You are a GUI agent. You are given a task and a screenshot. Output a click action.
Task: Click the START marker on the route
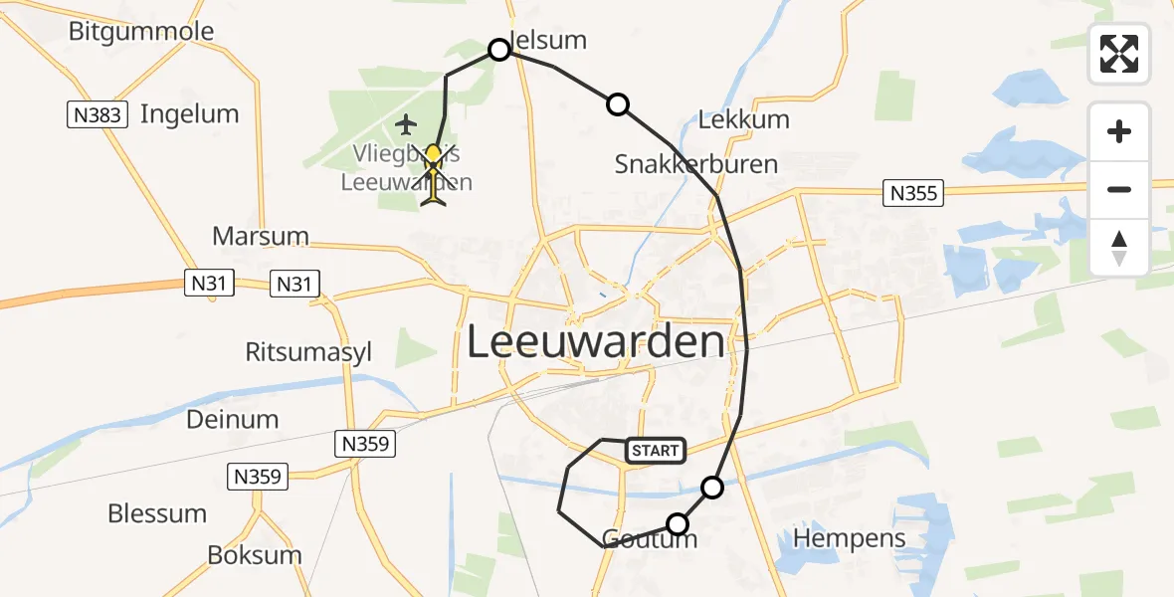655,451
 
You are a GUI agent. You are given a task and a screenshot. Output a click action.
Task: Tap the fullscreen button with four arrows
1119,54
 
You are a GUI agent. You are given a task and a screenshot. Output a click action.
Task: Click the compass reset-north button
1119,248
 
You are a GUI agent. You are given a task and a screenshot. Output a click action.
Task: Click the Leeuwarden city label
595,342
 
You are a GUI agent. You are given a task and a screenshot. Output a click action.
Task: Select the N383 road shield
98,115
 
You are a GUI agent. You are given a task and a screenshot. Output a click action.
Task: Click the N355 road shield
913,193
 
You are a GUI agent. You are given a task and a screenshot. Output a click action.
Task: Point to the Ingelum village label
189,113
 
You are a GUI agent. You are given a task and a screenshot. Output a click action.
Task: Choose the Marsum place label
261,237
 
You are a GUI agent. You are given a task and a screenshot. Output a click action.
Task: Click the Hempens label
850,538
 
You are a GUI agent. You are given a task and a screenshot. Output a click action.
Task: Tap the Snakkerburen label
695,163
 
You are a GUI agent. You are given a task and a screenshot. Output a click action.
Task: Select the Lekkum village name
743,119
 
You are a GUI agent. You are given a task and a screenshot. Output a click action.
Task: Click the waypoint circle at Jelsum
499,50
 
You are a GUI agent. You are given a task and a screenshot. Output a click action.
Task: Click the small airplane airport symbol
405,124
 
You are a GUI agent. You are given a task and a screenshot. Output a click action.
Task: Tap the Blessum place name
157,513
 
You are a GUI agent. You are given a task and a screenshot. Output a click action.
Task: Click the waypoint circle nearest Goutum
678,524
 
